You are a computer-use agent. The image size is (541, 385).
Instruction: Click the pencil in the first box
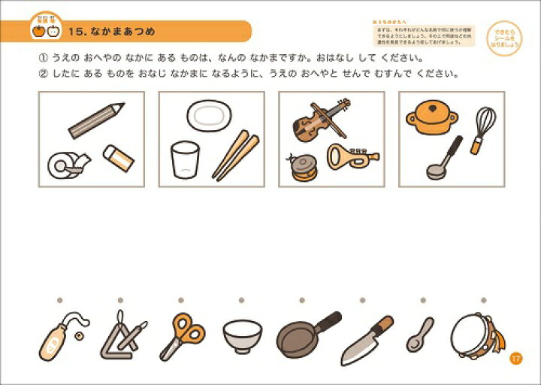click(96, 120)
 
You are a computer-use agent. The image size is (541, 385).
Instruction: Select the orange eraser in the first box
click(118, 157)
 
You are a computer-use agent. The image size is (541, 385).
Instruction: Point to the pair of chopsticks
click(235, 153)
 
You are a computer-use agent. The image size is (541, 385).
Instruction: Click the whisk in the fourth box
click(483, 126)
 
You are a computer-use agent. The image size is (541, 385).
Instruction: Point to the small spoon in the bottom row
click(419, 335)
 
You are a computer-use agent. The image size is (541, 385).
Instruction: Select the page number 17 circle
click(515, 358)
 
